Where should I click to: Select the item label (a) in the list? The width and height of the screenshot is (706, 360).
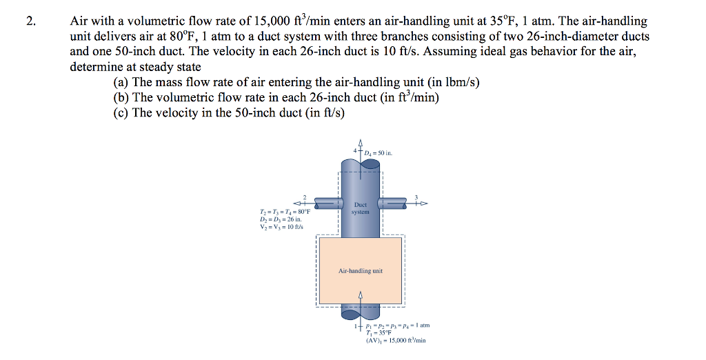tap(121, 82)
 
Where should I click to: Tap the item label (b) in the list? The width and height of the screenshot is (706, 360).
tap(121, 97)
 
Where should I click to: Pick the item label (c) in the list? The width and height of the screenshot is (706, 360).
tap(121, 112)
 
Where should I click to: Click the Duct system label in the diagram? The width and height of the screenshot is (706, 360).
tap(360, 208)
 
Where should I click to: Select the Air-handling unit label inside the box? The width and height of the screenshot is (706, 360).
tap(360, 271)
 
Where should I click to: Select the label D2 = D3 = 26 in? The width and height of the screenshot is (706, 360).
tap(279, 220)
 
